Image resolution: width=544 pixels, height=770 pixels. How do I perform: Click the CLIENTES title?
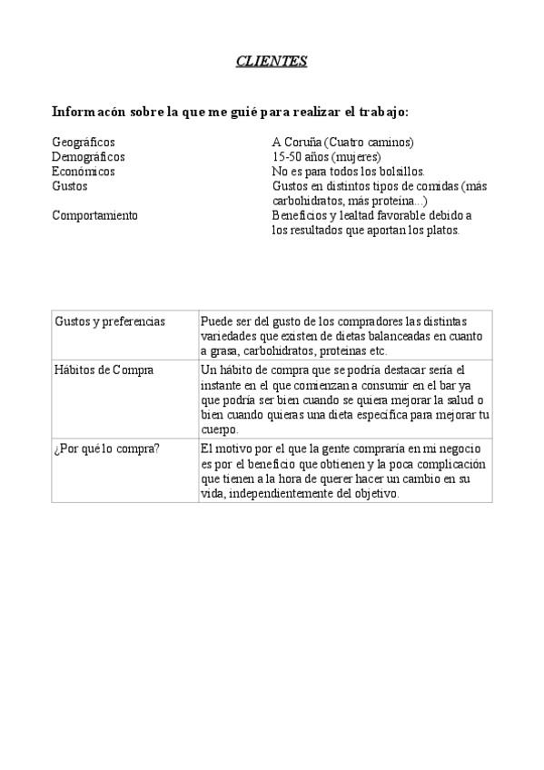click(x=272, y=61)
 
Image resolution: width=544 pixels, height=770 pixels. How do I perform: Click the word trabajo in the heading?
click(x=382, y=112)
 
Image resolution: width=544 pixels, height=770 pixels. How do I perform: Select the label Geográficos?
click(x=84, y=143)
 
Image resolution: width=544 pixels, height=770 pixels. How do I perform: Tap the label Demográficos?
click(x=89, y=156)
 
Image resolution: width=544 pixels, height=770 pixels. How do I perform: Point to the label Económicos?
click(x=84, y=171)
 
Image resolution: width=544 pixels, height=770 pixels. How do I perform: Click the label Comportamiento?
click(x=95, y=215)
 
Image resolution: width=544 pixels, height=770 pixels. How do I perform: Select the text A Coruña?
click(x=295, y=143)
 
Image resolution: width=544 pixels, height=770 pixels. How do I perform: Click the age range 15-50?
click(x=287, y=156)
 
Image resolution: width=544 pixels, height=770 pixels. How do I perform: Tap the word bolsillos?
click(x=400, y=171)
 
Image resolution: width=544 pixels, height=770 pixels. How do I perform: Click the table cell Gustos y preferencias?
click(x=110, y=321)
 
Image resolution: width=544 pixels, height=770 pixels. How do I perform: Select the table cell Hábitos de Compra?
click(x=104, y=370)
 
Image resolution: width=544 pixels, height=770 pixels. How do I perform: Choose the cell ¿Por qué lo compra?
click(x=107, y=449)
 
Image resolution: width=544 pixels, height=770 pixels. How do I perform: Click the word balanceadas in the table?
click(x=396, y=336)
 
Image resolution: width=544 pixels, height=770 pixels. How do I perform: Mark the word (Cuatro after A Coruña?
click(x=341, y=143)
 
